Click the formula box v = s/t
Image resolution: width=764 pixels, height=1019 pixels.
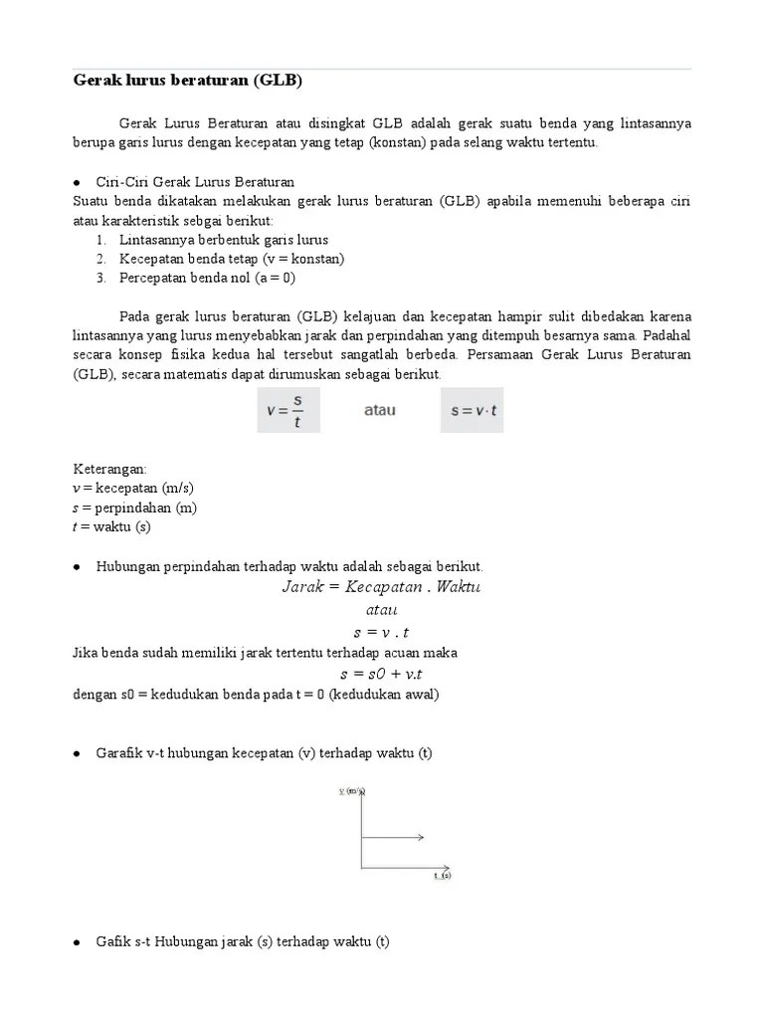288,410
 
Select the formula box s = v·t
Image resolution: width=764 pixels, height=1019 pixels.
472,410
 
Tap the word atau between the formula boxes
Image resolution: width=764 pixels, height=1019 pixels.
379,410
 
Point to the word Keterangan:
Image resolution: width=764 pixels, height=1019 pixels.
110,469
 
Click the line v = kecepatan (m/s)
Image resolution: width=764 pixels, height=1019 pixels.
133,489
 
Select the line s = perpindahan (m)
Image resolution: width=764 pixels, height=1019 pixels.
135,508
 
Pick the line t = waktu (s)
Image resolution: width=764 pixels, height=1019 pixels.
111,526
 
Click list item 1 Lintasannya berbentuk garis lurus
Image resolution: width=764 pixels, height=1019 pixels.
223,240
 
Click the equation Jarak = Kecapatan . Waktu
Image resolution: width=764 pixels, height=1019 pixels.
381,587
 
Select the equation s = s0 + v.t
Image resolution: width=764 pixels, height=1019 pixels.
381,674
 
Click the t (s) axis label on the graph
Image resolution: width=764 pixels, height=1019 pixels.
442,876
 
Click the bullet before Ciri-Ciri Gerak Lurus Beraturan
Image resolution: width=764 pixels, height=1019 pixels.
78,183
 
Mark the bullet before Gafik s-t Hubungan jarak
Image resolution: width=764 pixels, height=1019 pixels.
78,942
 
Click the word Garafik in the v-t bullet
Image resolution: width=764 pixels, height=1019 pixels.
120,753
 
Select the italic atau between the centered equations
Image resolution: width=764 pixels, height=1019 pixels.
381,609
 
